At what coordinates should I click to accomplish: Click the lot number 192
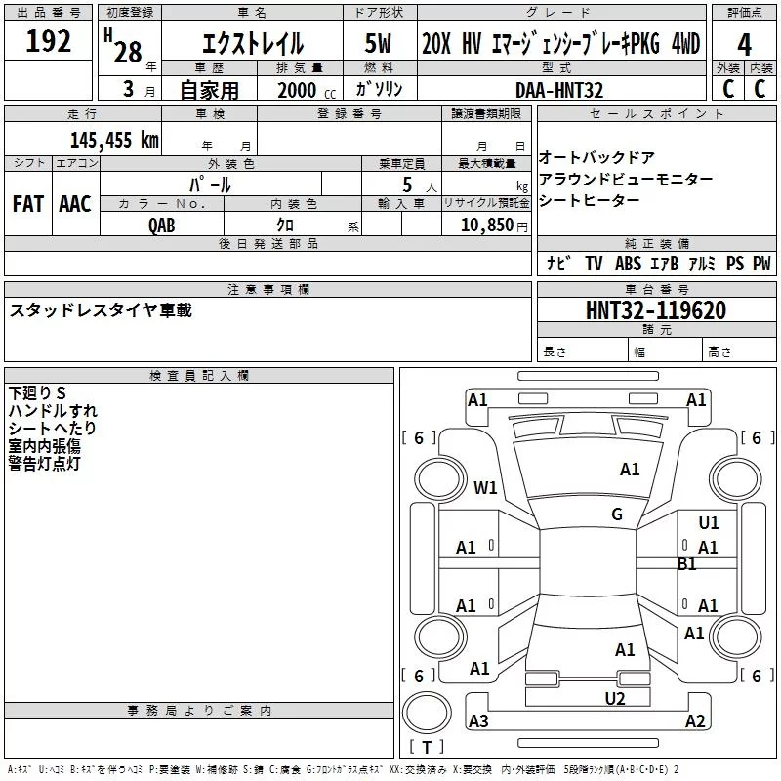tap(48, 41)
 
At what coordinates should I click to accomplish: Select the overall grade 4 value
tap(744, 45)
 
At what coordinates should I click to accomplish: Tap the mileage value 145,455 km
tap(114, 141)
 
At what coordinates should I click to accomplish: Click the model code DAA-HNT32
tap(559, 90)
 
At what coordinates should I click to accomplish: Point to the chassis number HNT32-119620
tap(656, 310)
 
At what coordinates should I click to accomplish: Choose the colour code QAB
tap(162, 226)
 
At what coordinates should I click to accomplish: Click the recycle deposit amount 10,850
tap(486, 226)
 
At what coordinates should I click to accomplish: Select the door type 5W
tap(378, 43)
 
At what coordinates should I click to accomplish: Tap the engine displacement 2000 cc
tap(307, 91)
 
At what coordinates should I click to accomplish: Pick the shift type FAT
tap(28, 204)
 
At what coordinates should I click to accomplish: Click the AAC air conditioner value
tap(75, 204)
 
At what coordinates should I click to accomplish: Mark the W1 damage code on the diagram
tap(485, 487)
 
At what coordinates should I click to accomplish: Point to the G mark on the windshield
tap(617, 514)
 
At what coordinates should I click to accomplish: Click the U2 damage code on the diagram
tap(615, 699)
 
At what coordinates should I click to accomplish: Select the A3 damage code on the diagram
tap(478, 720)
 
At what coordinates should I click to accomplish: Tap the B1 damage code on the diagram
tap(687, 564)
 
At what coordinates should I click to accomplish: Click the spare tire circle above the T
tap(427, 713)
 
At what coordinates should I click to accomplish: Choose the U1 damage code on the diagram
tap(709, 523)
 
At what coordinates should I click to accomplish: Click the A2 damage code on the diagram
tap(695, 720)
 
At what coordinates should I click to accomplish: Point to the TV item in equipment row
tap(594, 264)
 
